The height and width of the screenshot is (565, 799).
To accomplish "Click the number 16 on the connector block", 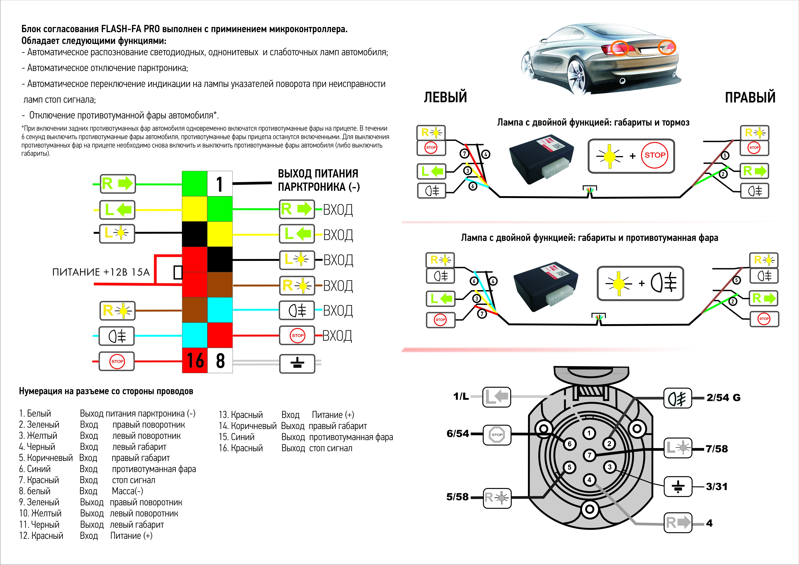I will [195, 360].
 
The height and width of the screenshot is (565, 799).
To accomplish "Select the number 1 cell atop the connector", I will [220, 184].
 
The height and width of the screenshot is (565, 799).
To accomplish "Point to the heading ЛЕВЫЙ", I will [445, 97].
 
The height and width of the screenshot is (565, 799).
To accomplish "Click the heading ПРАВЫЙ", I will [750, 97].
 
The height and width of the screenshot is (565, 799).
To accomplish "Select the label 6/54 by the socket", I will [458, 433].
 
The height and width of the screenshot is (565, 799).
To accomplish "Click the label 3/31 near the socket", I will [716, 486].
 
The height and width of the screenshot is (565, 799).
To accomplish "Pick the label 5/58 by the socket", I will [457, 497].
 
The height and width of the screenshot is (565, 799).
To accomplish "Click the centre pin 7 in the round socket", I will [589, 455].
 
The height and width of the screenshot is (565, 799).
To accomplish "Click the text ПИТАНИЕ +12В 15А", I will [101, 272].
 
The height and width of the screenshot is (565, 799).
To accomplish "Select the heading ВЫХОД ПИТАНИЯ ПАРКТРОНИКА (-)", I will [318, 180].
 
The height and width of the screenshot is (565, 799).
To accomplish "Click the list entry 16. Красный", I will [241, 448].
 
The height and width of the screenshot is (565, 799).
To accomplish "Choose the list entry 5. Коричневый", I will [46, 458].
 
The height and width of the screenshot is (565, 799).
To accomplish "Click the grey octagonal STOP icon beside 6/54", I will [497, 435].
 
